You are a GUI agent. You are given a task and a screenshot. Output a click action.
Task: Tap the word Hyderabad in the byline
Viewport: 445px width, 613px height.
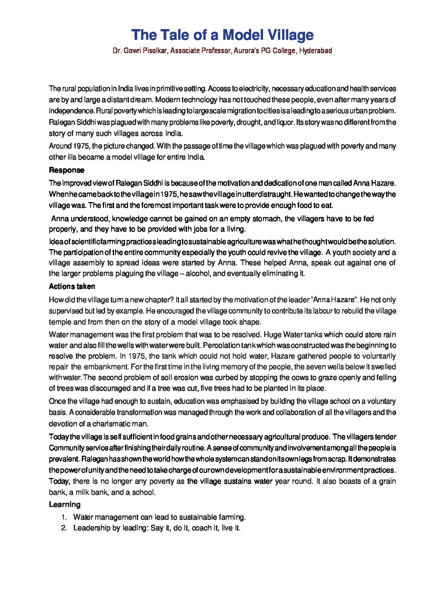[x=315, y=51]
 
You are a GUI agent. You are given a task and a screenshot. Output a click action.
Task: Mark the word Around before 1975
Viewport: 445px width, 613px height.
[x=60, y=146]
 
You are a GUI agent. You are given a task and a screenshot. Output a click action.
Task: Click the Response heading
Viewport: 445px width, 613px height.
[x=67, y=170]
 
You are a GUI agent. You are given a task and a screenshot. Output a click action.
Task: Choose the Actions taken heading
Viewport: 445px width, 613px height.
[x=72, y=286]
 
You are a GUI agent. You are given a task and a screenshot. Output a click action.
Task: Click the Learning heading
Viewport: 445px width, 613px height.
[x=65, y=504]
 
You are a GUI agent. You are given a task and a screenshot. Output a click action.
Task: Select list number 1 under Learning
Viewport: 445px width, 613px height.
[x=64, y=517]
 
